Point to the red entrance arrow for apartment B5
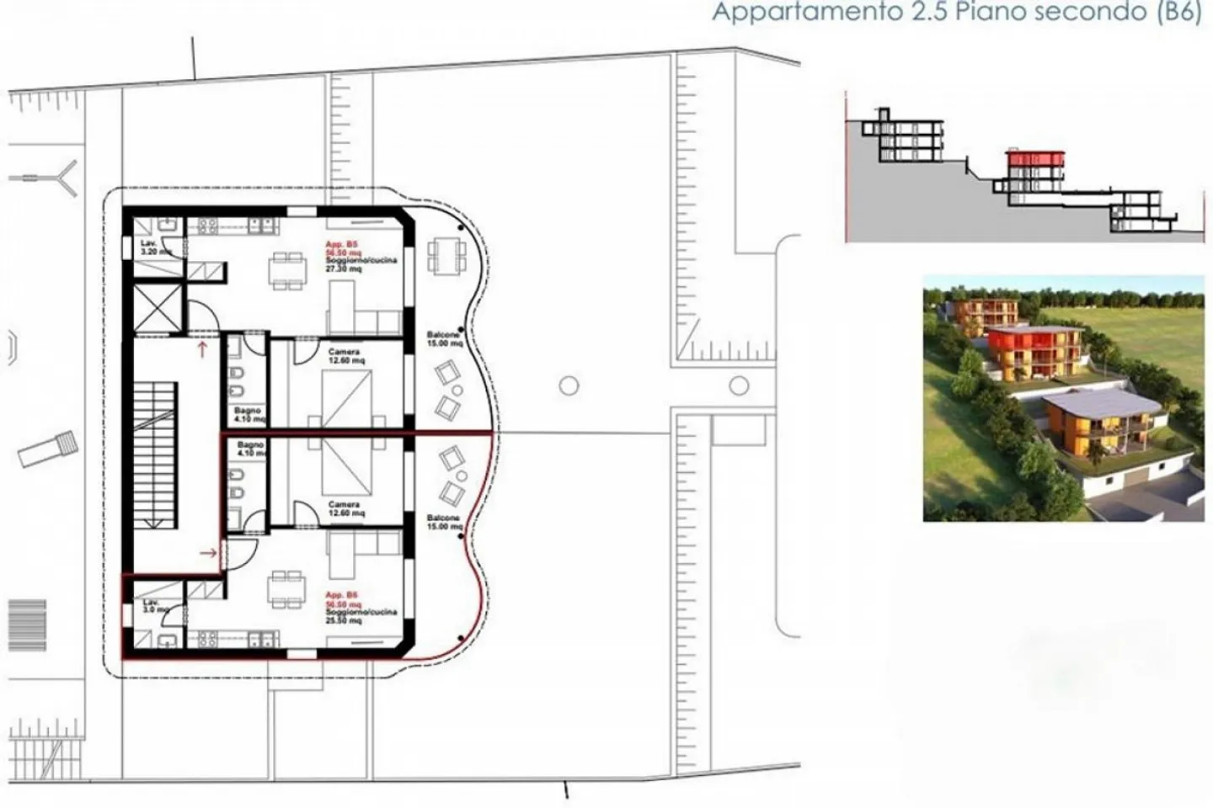[202, 349]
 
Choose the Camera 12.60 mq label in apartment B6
[345, 509]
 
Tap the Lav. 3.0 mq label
[152, 606]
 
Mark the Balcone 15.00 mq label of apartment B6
[444, 522]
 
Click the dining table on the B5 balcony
[444, 255]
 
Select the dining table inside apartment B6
[286, 587]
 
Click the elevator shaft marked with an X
[158, 308]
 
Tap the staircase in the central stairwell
[157, 454]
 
